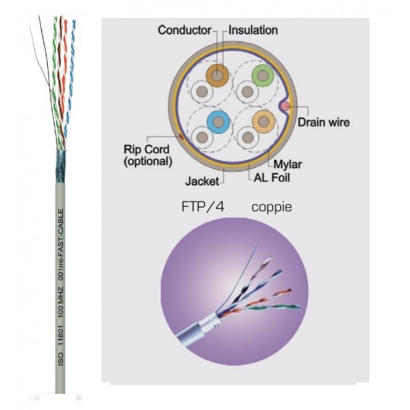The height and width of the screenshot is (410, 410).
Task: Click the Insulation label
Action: pos(253,30)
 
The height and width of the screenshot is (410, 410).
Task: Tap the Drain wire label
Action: pos(324,123)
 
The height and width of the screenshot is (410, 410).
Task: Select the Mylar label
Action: pos(287,164)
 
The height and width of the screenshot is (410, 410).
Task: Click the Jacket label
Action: pos(202,182)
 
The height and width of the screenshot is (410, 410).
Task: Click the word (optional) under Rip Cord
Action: pos(148,162)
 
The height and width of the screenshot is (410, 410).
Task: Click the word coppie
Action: pos(271,205)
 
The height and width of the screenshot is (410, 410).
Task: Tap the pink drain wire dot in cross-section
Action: pos(286,107)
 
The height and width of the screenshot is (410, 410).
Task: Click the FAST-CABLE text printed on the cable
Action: pos(61,232)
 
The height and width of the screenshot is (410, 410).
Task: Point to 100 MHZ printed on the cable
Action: pos(61,306)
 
